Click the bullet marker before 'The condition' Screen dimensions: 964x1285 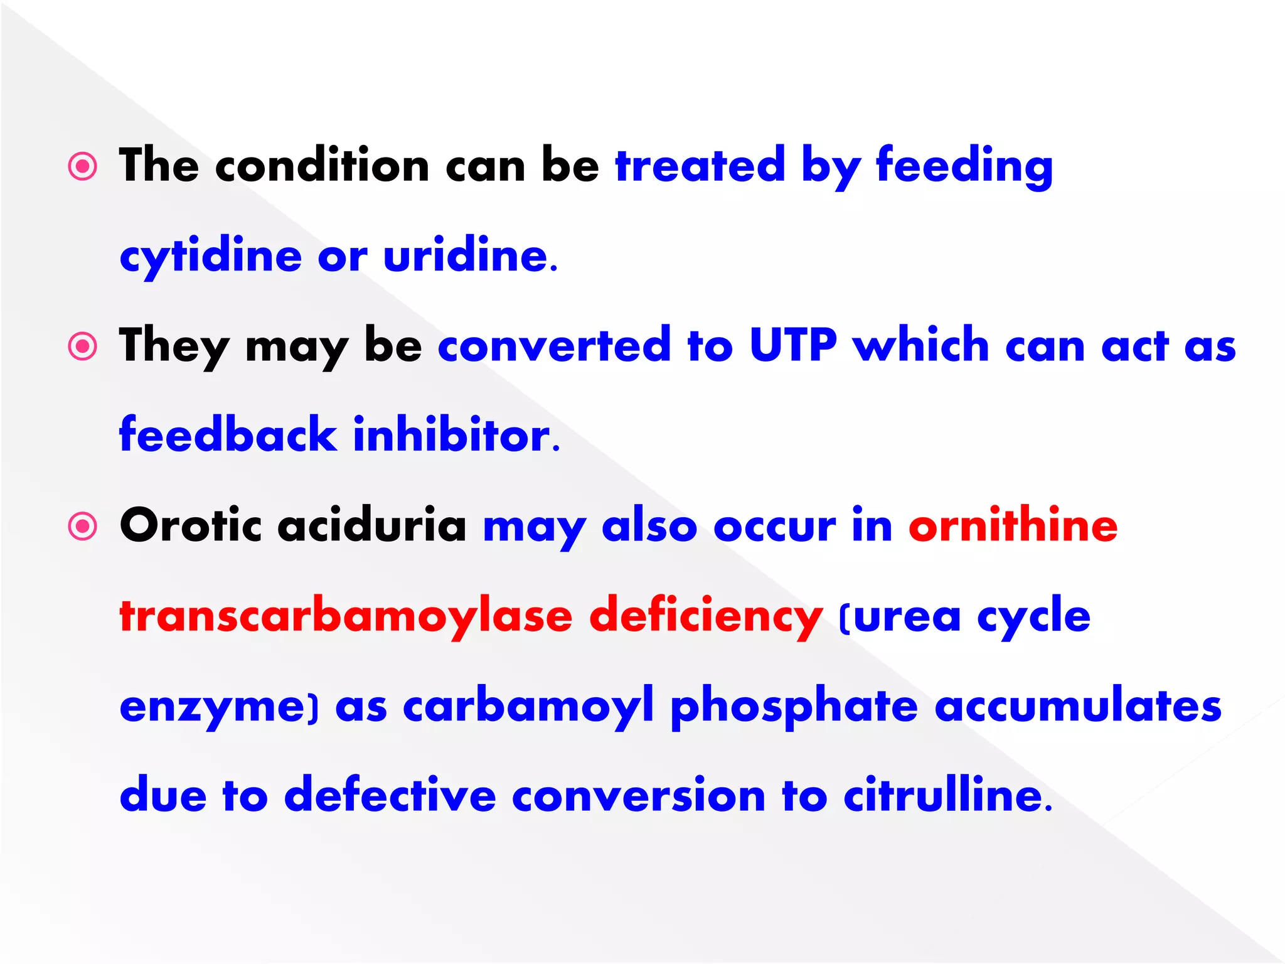[x=83, y=167]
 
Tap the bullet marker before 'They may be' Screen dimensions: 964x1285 [x=83, y=346]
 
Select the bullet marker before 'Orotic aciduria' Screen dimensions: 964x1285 [x=83, y=526]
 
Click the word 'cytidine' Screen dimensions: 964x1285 [x=211, y=257]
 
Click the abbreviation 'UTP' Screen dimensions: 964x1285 [x=793, y=345]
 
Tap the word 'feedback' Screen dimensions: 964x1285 [x=228, y=435]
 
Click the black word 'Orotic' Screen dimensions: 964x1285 [x=190, y=526]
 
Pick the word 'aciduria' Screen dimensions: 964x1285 [x=372, y=526]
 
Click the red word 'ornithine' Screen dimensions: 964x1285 [x=1013, y=526]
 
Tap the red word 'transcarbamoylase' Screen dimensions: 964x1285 [x=346, y=616]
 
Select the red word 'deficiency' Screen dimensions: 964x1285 [x=706, y=616]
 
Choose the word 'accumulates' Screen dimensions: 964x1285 [x=1078, y=707]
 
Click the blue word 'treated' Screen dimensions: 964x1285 [x=700, y=166]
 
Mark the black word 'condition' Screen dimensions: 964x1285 [x=322, y=166]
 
